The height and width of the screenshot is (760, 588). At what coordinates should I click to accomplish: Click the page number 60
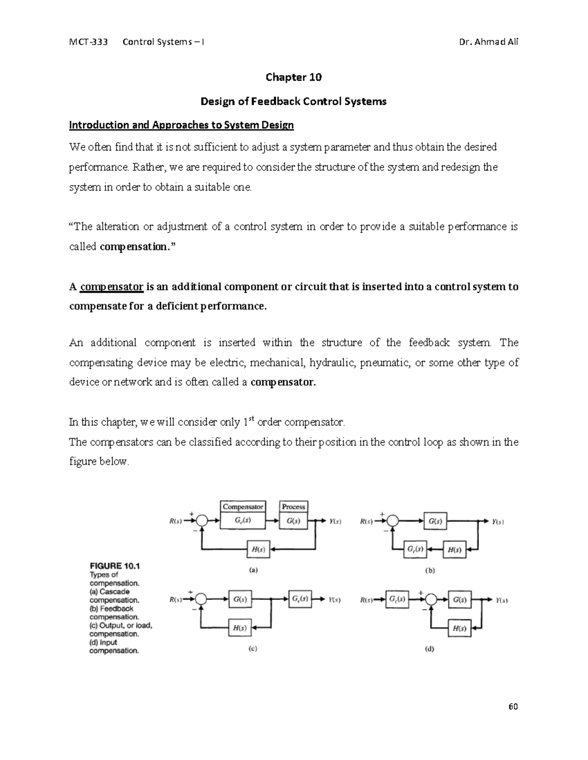pos(513,707)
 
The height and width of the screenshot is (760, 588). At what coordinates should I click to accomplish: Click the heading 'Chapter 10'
pos(294,77)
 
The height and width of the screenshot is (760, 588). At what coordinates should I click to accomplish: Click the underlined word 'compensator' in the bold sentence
pos(111,287)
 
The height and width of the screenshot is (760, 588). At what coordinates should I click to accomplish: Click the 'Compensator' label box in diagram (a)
pos(243,507)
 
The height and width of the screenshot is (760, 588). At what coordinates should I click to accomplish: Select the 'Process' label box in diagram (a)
pos(294,507)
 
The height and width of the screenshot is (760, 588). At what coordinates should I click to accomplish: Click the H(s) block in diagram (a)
pos(258,549)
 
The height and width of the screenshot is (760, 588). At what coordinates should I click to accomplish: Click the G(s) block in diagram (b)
pos(435,522)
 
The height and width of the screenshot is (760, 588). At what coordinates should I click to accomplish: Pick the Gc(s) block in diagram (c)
pos(300,599)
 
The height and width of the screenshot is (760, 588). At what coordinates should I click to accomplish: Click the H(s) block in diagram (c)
pos(240,628)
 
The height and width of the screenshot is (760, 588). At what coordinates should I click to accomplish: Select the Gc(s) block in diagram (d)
pos(397,599)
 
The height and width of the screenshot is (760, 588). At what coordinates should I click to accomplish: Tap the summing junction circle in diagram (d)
pos(431,600)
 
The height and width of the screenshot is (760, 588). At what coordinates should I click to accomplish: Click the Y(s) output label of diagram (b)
pos(498,522)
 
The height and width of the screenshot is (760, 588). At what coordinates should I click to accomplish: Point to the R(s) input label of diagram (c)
pos(176,599)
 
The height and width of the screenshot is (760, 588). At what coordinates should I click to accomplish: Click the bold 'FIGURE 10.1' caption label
pos(115,566)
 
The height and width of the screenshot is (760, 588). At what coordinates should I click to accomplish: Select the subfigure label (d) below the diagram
pos(430,649)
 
